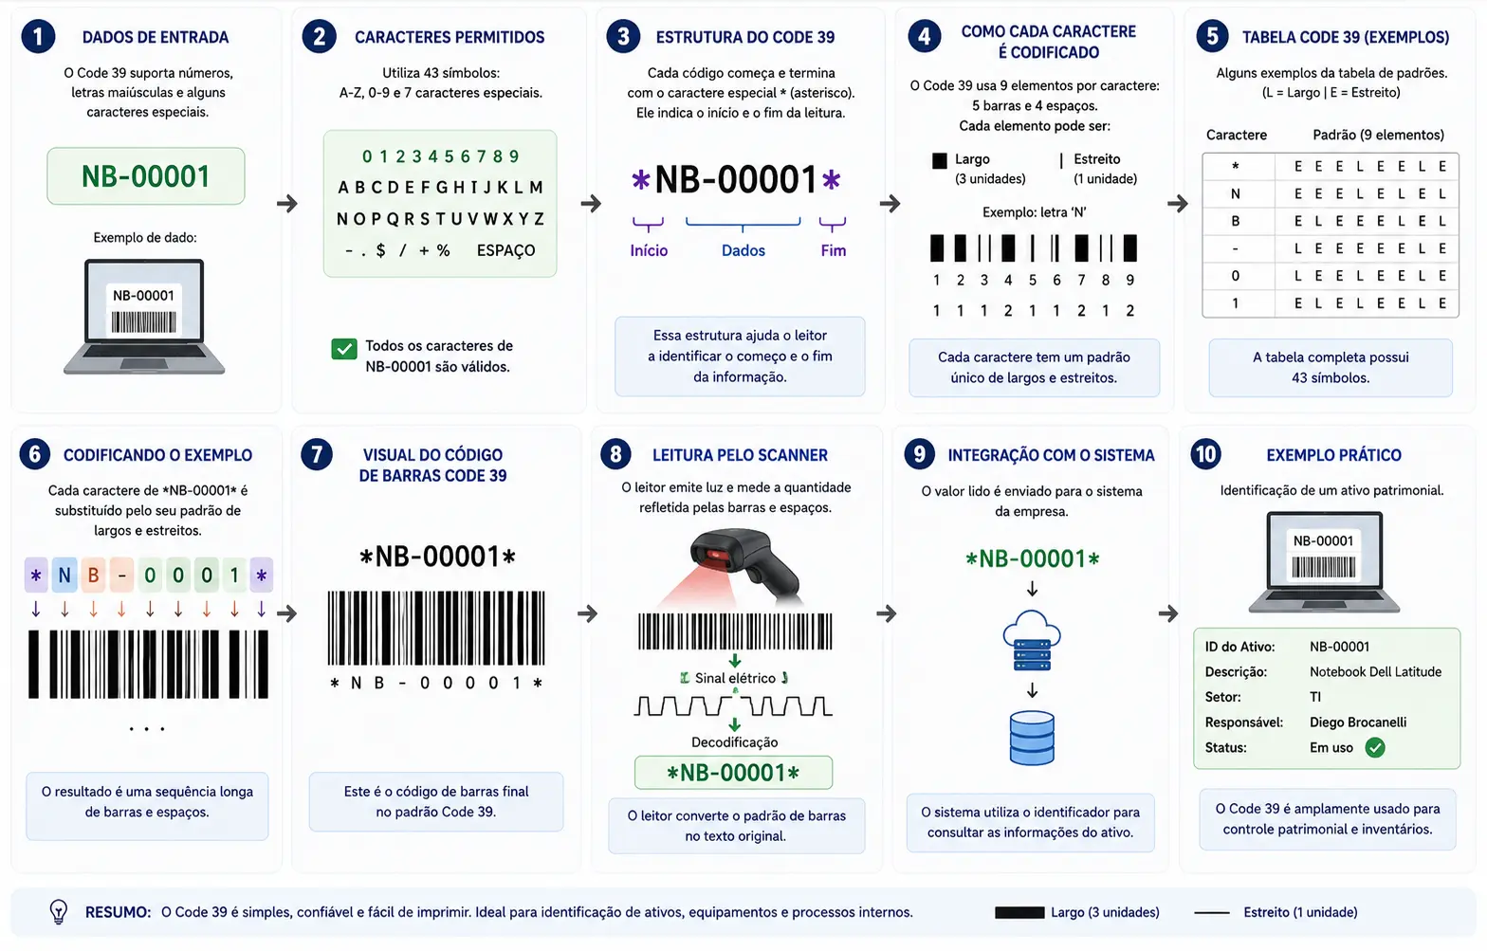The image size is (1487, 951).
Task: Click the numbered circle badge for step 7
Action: [317, 454]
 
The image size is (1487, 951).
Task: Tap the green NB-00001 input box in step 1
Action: [146, 175]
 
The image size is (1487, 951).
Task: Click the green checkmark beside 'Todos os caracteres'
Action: [344, 348]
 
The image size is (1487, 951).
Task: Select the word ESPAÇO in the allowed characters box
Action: [505, 250]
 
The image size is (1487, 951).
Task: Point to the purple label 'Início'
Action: [649, 250]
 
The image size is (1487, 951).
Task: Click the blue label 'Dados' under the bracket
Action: [743, 250]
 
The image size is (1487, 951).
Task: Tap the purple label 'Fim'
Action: [833, 250]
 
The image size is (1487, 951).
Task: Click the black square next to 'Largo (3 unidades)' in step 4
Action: [939, 160]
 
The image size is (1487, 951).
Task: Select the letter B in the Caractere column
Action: [1236, 221]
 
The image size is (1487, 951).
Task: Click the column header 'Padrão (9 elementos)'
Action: [1378, 135]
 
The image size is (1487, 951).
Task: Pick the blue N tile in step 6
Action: [64, 575]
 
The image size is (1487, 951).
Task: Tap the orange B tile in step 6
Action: [93, 575]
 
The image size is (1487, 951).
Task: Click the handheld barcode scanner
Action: [743, 564]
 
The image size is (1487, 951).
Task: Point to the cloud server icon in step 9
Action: [1032, 640]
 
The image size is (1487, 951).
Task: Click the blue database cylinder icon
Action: [1032, 738]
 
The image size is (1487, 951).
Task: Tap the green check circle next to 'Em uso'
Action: [1375, 748]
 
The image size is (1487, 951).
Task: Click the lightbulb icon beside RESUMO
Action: [59, 912]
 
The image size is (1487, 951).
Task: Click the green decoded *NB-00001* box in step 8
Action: [734, 773]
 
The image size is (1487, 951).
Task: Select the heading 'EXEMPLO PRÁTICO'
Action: [1333, 455]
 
